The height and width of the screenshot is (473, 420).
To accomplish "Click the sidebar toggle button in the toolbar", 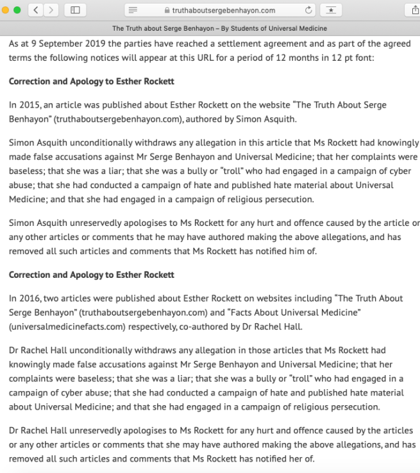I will click(x=76, y=10).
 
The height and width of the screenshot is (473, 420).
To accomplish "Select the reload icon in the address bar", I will click(x=309, y=10).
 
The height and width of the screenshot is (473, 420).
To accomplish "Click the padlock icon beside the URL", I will click(x=167, y=11).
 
